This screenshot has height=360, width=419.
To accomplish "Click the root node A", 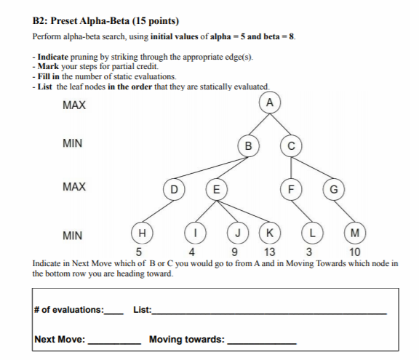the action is (270, 103).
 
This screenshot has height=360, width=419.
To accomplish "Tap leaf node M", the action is (354, 233).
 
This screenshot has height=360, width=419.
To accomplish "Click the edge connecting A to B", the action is (259, 124).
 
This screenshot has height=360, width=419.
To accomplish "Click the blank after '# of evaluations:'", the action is (114, 311).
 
